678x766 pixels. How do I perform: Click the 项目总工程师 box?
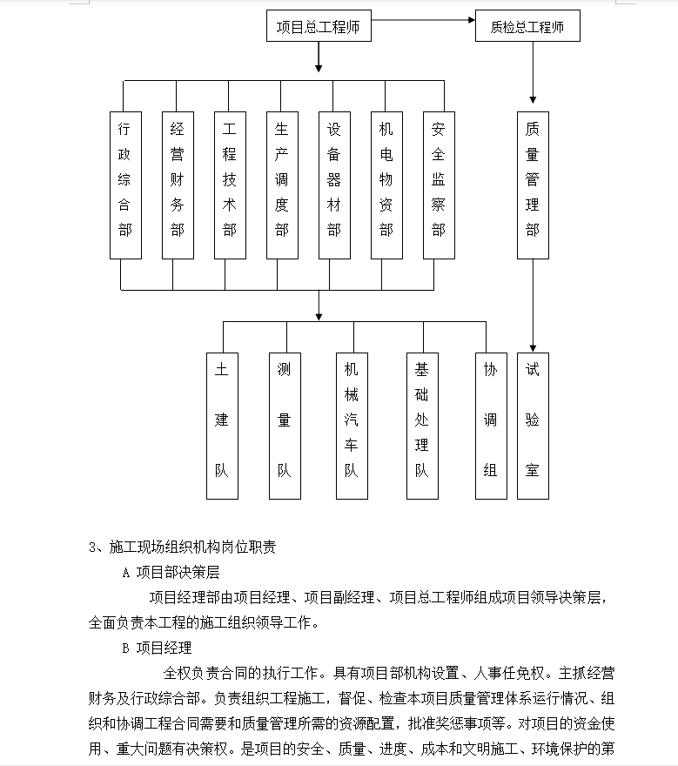(319, 26)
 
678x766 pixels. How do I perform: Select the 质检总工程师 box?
(527, 26)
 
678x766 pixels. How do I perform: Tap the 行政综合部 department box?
(125, 185)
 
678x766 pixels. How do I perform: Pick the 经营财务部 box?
(178, 185)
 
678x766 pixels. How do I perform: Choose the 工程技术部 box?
(230, 185)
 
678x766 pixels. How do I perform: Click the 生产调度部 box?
(282, 185)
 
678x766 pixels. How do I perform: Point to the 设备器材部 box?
(334, 185)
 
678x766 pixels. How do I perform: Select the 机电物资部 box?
(387, 185)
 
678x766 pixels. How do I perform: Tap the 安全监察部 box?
(440, 185)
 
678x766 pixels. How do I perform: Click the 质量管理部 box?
(533, 185)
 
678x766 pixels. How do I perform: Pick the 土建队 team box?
(222, 426)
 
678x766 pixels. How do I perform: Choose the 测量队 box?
(285, 426)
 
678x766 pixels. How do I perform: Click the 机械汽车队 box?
(352, 426)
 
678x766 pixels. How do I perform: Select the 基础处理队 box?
(422, 426)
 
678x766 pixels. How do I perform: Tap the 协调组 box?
(491, 426)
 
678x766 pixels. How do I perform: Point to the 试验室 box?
(533, 426)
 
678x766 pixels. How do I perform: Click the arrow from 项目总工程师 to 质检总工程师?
(423, 20)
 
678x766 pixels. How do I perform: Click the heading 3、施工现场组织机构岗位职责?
(183, 547)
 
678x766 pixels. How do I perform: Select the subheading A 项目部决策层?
(171, 572)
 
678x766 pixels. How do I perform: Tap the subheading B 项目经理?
(157, 648)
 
